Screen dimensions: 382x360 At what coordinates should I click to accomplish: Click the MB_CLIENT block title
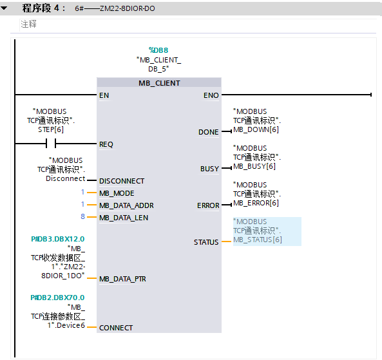pyautogui.click(x=159, y=83)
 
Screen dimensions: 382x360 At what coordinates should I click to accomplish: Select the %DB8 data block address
pyautogui.click(x=158, y=50)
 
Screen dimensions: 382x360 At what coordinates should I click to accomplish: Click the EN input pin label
pyautogui.click(x=104, y=95)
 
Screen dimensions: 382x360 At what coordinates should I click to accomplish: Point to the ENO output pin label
pyautogui.click(x=211, y=95)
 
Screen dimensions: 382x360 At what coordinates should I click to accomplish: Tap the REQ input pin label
pyautogui.click(x=106, y=144)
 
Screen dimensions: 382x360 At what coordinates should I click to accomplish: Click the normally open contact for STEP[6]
pyautogui.click(x=51, y=143)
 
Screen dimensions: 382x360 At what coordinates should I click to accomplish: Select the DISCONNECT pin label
pyautogui.click(x=122, y=181)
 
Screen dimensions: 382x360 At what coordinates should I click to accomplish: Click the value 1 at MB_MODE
pyautogui.click(x=83, y=192)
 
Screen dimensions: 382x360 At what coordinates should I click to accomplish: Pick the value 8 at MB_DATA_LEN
pyautogui.click(x=83, y=216)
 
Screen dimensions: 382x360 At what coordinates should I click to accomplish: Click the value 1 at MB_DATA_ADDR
pyautogui.click(x=83, y=204)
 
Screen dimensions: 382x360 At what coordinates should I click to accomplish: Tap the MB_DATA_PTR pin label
pyautogui.click(x=122, y=279)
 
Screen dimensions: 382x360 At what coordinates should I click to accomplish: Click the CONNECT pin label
pyautogui.click(x=116, y=328)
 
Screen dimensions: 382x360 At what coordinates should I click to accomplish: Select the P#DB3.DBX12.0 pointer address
pyautogui.click(x=58, y=239)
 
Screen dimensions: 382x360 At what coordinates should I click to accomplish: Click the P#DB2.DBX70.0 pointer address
pyautogui.click(x=57, y=298)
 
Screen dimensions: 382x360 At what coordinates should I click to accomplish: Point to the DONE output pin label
pyautogui.click(x=208, y=132)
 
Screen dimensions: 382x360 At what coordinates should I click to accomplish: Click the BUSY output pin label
pyautogui.click(x=209, y=169)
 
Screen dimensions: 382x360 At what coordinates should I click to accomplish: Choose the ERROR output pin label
pyautogui.click(x=208, y=205)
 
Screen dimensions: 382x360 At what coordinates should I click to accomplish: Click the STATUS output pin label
pyautogui.click(x=206, y=242)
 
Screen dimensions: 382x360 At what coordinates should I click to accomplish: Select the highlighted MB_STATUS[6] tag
pyautogui.click(x=267, y=231)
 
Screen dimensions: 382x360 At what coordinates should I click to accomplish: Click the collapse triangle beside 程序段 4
pyautogui.click(x=4, y=8)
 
